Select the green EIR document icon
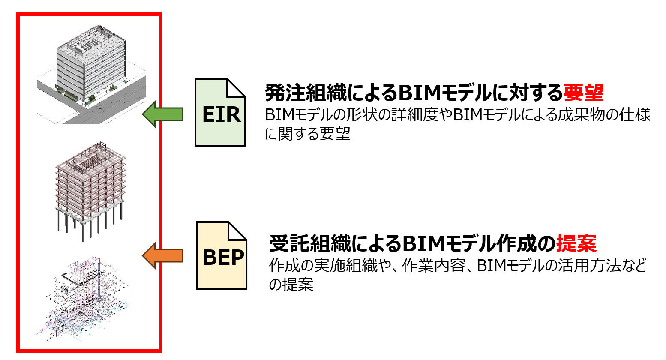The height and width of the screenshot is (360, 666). (220, 113)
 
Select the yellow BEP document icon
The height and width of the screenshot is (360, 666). (222, 256)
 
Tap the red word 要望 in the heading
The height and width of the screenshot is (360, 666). (583, 92)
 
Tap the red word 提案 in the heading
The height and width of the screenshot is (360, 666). (576, 243)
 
